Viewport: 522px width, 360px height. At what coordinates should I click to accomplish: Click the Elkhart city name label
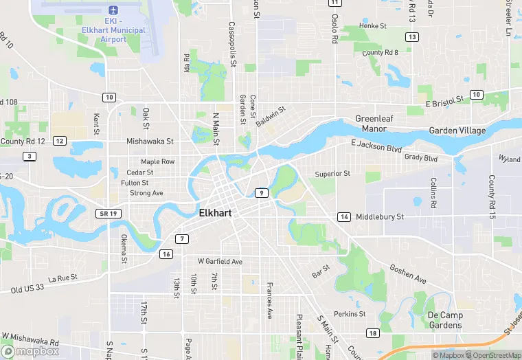(x=215, y=213)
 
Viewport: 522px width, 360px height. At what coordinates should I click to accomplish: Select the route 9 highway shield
(x=262, y=193)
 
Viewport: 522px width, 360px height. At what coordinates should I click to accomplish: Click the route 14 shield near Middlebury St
(x=343, y=217)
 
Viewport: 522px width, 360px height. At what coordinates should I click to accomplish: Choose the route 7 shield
(x=181, y=239)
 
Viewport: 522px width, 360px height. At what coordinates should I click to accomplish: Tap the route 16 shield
(x=166, y=254)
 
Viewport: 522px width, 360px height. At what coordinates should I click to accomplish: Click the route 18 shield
(x=372, y=333)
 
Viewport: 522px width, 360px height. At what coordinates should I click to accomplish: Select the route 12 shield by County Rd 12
(x=60, y=141)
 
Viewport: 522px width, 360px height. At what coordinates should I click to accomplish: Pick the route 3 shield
(x=29, y=157)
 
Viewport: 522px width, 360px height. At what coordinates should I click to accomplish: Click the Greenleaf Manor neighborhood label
(x=375, y=124)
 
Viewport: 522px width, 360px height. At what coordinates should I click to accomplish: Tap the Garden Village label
(x=457, y=131)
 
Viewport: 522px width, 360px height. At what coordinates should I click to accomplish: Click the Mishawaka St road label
(x=150, y=141)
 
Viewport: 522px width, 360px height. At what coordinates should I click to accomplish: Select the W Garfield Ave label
(x=220, y=262)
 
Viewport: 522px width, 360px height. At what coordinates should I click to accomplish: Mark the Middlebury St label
(x=380, y=217)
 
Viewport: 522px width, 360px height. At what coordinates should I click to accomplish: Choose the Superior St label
(x=332, y=174)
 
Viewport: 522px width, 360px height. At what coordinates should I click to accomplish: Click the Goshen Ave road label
(x=407, y=275)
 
